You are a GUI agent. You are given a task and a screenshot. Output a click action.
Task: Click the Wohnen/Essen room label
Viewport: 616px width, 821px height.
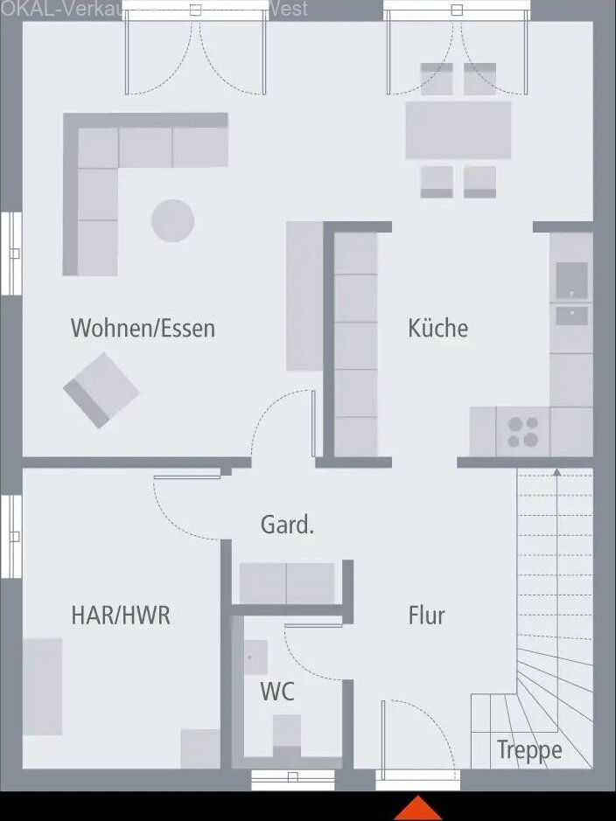pos(143,328)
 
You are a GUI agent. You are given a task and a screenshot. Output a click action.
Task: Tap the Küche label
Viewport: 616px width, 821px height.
pos(437,328)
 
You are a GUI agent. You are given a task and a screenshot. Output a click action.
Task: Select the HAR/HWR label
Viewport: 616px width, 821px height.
pos(121,615)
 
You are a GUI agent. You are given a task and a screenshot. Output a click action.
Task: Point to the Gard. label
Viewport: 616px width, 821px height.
pos(287,525)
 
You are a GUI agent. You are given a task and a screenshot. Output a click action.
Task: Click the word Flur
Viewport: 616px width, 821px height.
pos(426,615)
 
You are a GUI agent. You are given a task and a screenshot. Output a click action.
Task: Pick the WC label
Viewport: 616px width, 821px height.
pos(276,692)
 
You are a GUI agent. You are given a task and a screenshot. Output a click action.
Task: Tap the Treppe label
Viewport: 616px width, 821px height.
pos(529,749)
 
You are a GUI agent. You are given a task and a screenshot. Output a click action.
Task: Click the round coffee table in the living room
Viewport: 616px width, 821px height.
pos(172,220)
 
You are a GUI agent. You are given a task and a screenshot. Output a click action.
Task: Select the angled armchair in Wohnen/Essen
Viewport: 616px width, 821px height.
pos(101,390)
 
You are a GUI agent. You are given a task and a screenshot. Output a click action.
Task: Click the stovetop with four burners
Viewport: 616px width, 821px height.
pos(523,432)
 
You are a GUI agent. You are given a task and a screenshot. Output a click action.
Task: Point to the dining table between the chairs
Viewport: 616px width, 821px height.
pos(458,130)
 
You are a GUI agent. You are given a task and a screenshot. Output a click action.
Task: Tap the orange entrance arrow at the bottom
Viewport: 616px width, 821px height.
pos(418,808)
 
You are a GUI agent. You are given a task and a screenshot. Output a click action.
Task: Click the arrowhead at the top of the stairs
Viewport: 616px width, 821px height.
pos(556,473)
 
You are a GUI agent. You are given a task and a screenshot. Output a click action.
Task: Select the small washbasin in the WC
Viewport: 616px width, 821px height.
pos(255,656)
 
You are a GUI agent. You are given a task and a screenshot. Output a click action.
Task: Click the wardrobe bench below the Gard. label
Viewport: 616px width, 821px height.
pos(287,583)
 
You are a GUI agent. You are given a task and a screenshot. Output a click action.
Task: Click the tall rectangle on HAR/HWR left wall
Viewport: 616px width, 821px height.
pos(42,686)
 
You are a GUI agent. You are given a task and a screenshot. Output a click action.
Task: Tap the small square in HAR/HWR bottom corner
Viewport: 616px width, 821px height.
pos(200,748)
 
